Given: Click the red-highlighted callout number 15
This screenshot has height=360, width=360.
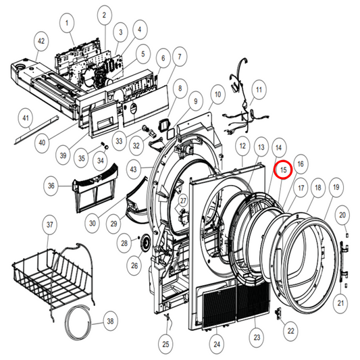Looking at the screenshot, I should point(284,170).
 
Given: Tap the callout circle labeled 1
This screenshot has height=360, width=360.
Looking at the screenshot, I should point(68,24).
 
